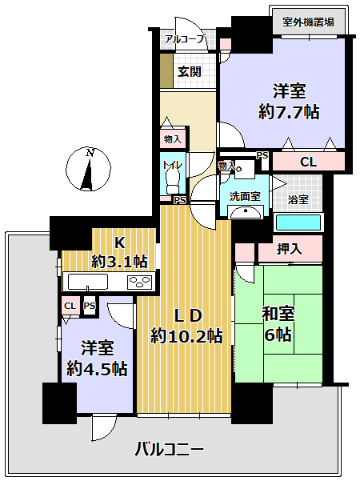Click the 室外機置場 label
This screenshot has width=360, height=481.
309,22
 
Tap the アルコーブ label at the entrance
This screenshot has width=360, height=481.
185,38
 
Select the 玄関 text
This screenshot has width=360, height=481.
189,71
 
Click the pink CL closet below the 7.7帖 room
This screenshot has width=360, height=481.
308,162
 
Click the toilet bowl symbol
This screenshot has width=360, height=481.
170,183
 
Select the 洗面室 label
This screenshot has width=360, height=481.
244,196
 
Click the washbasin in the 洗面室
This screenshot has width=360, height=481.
244,212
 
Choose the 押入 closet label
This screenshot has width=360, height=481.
289,250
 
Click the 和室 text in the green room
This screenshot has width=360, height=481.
278,313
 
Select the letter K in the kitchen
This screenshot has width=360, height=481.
118,242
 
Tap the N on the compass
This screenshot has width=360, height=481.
91,152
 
